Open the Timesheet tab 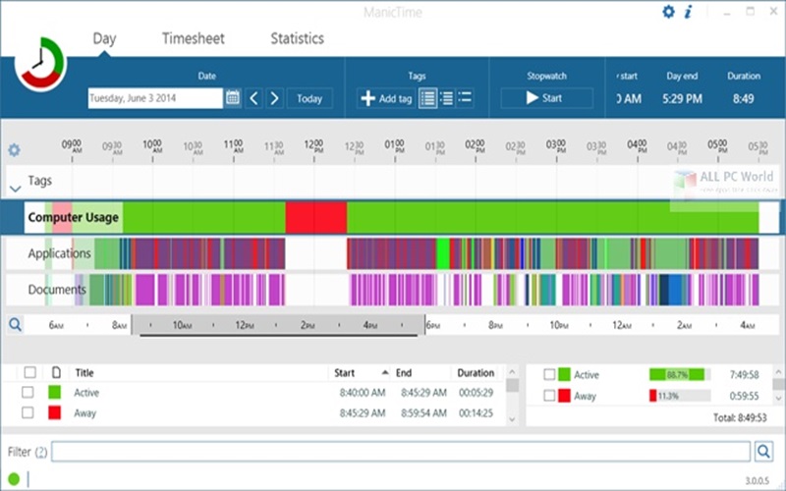coord(193,38)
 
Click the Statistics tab coord(297,38)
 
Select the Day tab coord(105,38)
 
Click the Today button coord(309,98)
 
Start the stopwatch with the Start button coord(546,98)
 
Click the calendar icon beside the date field coord(233,98)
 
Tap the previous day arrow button coord(253,98)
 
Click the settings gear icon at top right coord(669,12)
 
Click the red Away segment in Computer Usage coord(315,217)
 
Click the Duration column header coord(476,373)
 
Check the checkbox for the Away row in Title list coord(30,413)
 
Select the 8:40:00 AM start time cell coord(361,393)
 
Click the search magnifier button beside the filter coord(764,452)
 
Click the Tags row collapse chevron coord(15,187)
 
